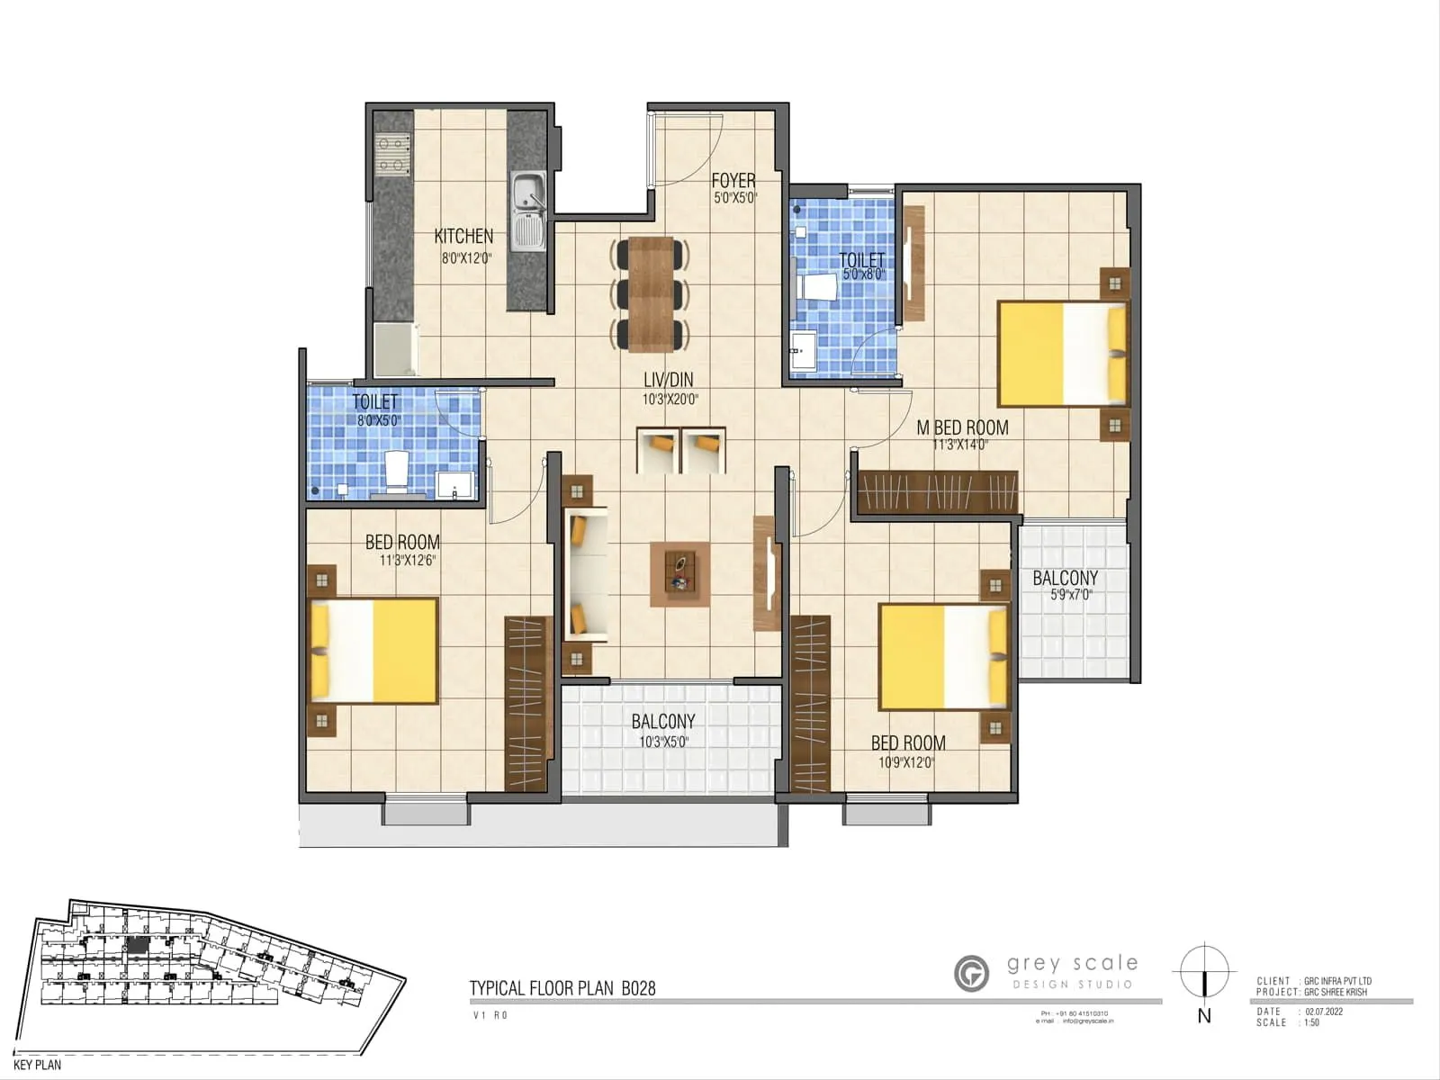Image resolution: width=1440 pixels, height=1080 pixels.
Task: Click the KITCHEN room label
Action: [463, 237]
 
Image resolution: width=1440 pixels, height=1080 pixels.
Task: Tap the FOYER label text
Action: [733, 181]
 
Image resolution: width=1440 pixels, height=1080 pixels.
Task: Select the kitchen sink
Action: [528, 212]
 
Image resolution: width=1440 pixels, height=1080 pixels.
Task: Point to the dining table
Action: [651, 293]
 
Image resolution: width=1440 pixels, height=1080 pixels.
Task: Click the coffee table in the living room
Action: [679, 573]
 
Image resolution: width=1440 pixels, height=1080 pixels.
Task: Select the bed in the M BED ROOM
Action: [1062, 354]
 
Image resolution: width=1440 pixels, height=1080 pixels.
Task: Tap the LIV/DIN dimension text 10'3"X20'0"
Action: [670, 399]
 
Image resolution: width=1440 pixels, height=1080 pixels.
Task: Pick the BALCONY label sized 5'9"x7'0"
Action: [1065, 579]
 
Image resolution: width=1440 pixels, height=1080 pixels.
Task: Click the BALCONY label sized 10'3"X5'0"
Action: [662, 722]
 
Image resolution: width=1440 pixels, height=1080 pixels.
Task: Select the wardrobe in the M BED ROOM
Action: [937, 492]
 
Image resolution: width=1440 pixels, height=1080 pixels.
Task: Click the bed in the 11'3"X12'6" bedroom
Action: [373, 651]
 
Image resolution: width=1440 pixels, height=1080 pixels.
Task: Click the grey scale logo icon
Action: [971, 973]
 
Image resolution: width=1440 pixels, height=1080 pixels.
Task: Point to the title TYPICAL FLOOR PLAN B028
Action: [562, 988]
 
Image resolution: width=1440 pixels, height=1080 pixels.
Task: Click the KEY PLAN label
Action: [38, 1065]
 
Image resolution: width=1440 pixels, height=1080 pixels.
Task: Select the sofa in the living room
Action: [586, 574]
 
